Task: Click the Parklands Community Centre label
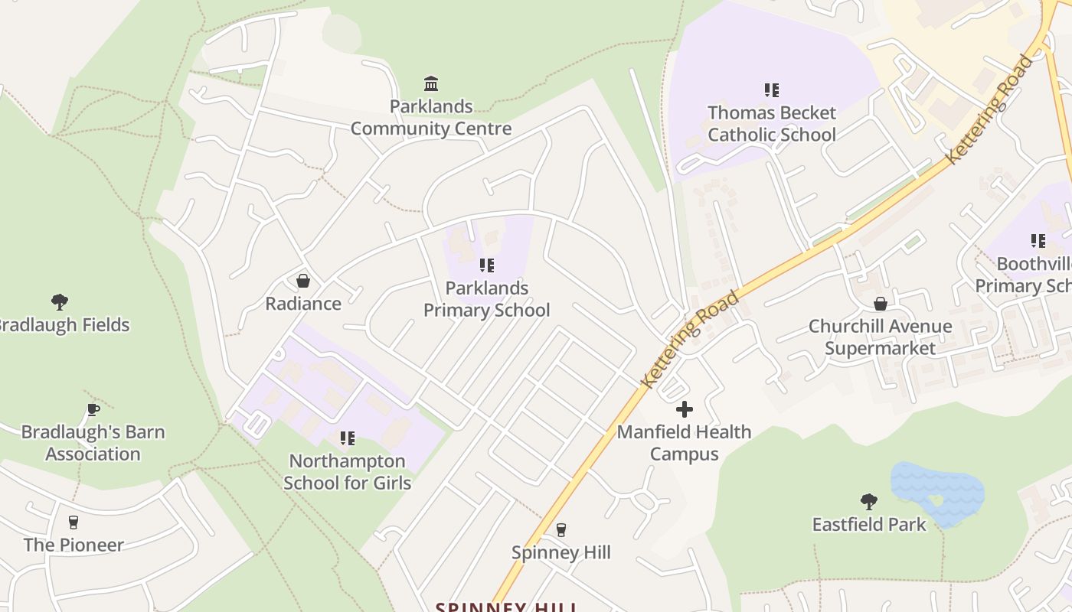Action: point(431,118)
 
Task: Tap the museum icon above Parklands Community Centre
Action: point(431,83)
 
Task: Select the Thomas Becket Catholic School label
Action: point(772,124)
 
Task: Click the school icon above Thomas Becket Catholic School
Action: point(772,90)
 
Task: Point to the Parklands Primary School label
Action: point(487,299)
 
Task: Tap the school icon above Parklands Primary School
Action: point(487,265)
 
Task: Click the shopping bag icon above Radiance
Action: point(303,281)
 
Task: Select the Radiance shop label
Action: point(303,304)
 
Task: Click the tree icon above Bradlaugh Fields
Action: point(60,301)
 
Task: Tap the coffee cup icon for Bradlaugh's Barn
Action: point(93,409)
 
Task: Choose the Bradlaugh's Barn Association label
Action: point(93,443)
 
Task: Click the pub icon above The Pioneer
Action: point(74,522)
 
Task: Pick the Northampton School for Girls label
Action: point(348,472)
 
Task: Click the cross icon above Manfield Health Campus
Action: point(685,409)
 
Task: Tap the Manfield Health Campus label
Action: point(685,443)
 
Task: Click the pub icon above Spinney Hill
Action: point(561,530)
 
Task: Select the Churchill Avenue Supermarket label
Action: point(881,337)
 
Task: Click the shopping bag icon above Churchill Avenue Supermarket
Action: point(881,304)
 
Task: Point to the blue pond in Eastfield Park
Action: point(938,490)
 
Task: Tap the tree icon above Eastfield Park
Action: point(869,502)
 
